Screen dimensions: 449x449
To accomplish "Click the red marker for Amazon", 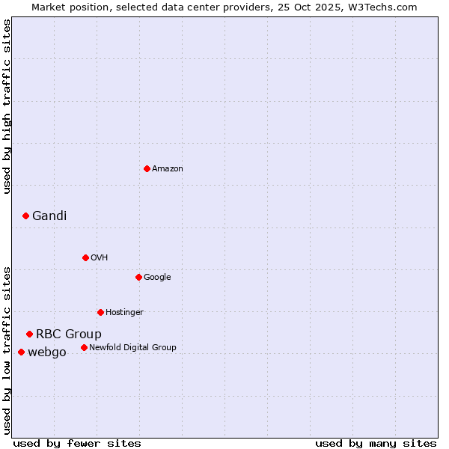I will click(147, 168).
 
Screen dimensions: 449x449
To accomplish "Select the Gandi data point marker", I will click(25, 216).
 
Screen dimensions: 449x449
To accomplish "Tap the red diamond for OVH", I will click(85, 257).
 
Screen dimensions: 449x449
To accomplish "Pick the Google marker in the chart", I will click(138, 277).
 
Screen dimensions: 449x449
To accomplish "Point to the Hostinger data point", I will click(100, 312).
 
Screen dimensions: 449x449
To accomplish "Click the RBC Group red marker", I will click(29, 334).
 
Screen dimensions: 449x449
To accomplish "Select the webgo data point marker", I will click(21, 352).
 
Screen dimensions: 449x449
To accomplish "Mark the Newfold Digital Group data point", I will click(84, 347).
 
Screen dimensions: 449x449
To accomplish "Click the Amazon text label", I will click(168, 169).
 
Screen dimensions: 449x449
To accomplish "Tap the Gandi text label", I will click(49, 216).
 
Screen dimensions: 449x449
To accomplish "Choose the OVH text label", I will click(100, 258).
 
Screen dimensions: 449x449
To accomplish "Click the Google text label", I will click(157, 278).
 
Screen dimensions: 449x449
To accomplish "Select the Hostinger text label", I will click(124, 313).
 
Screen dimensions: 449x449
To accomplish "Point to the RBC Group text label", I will click(69, 335).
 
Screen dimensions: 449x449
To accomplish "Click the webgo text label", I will click(47, 352).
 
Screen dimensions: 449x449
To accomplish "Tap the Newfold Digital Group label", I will click(132, 348).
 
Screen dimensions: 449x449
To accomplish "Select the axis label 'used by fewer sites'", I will click(77, 444).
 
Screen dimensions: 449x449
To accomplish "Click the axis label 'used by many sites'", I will click(376, 444).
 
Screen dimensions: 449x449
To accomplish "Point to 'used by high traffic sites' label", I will click(7, 106).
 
